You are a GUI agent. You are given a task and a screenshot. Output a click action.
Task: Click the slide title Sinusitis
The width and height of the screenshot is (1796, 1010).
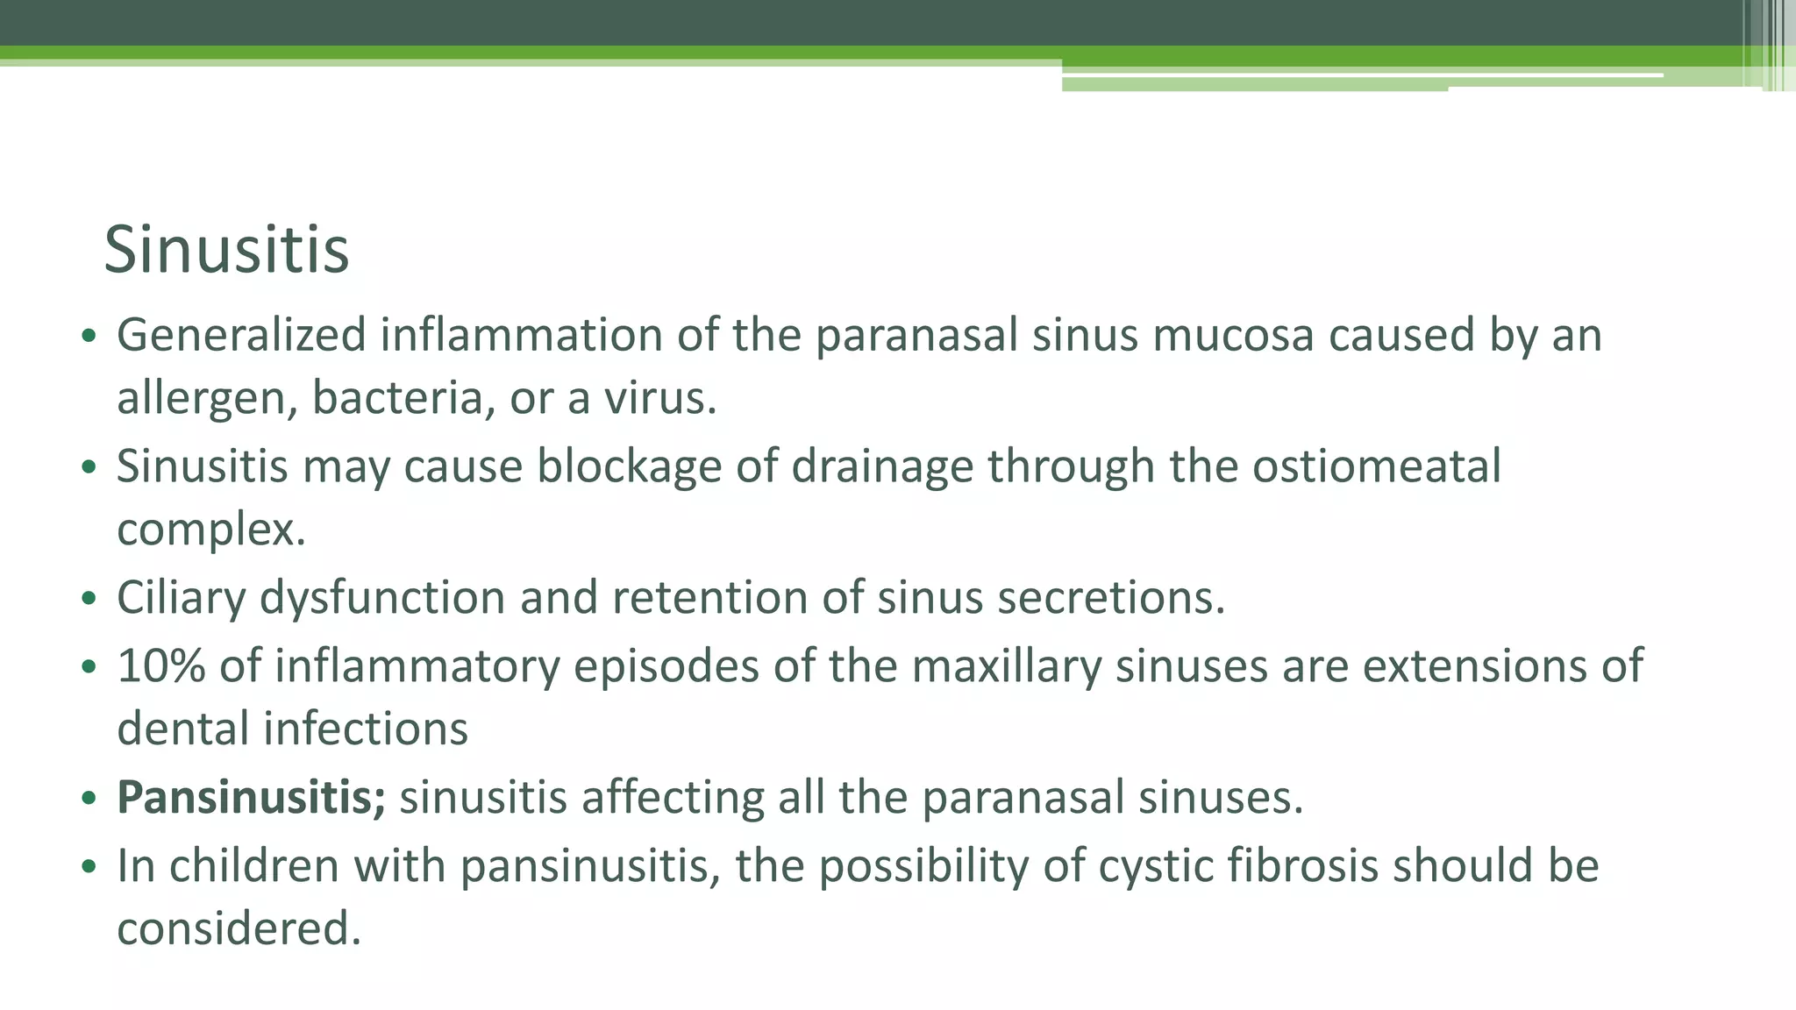coord(226,251)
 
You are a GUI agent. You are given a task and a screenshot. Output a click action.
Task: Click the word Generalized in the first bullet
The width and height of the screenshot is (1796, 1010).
coord(241,336)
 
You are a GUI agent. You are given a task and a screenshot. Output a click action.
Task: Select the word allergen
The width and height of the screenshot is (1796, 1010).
coord(207,399)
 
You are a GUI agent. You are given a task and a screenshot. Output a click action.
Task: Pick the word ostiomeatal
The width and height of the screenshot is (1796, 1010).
coord(1376,466)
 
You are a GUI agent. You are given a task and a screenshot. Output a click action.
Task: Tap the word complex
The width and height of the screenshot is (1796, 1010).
coord(211,530)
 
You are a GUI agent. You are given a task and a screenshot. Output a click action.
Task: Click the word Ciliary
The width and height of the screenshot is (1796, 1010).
coord(181,598)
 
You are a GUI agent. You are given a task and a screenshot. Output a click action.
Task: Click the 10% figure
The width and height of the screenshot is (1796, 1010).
coord(161,666)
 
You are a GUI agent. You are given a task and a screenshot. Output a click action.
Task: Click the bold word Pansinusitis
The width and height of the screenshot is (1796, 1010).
coord(251,798)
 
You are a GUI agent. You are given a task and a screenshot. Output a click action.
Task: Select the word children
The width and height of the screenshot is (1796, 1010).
coord(254,866)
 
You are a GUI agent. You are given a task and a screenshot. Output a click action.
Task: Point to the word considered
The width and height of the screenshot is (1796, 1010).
coord(239,929)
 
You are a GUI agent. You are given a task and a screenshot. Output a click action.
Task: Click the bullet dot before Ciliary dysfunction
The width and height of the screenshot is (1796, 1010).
coord(88,601)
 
